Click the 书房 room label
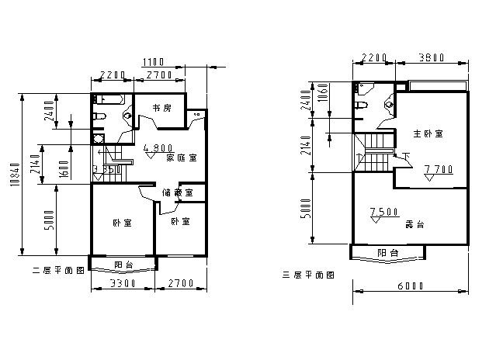(161, 109)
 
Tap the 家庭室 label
(181, 157)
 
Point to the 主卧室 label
(428, 134)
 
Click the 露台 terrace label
(415, 224)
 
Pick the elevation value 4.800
(158, 147)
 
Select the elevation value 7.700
(439, 168)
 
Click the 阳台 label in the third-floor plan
(388, 253)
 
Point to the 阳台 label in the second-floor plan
(123, 265)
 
